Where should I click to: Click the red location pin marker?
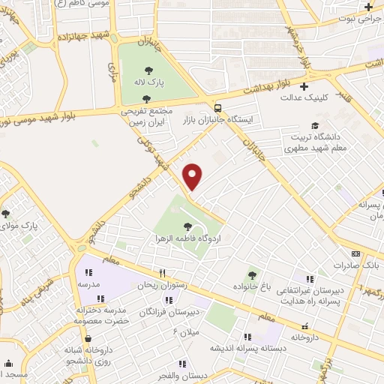pos(193,176)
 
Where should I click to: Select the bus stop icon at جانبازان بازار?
pos(217,107)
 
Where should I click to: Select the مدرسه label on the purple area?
pos(88,285)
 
